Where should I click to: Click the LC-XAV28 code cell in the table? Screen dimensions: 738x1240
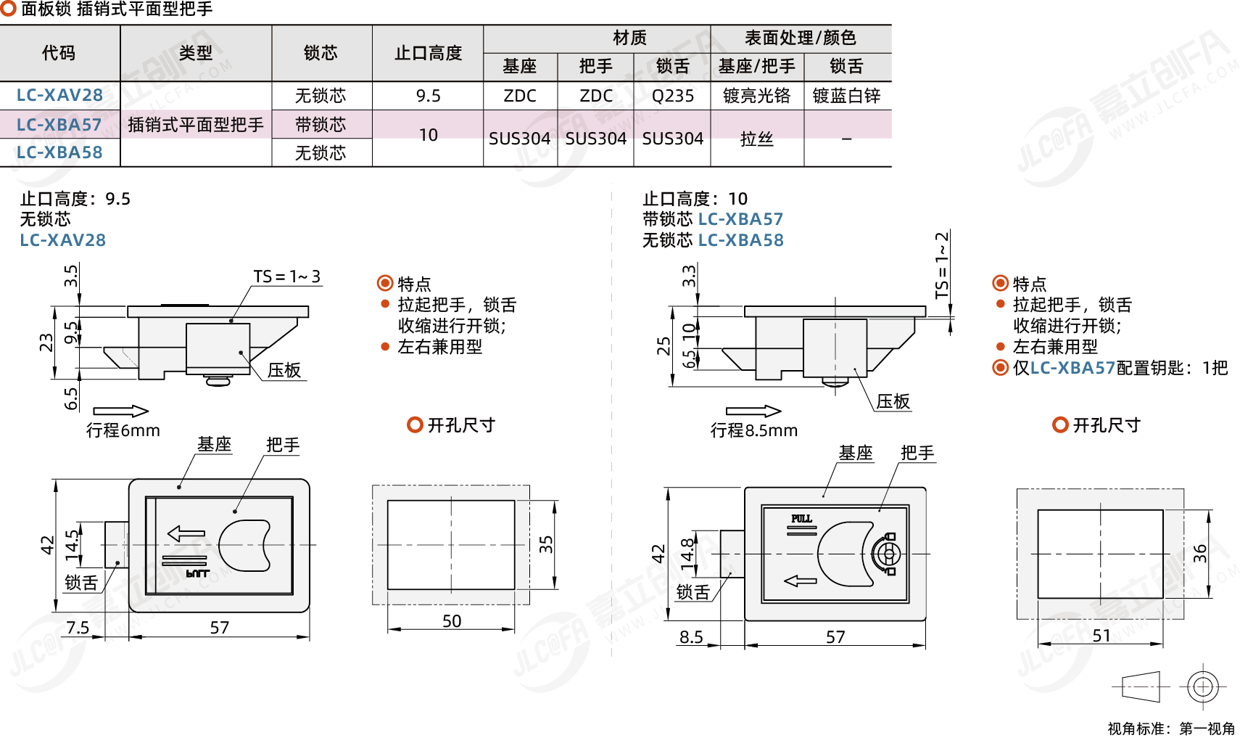[59, 95]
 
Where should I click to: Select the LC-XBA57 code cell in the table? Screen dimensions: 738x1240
[59, 125]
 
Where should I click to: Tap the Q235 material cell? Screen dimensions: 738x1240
[672, 96]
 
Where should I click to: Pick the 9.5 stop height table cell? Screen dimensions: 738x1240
[428, 96]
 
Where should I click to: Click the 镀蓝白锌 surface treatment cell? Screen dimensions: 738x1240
[846, 96]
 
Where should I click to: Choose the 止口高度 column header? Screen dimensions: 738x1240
[428, 53]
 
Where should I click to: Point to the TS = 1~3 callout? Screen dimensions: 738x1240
[286, 276]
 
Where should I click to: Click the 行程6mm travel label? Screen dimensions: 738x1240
[123, 430]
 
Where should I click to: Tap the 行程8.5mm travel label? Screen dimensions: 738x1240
[753, 430]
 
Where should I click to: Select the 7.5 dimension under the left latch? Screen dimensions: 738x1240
[78, 627]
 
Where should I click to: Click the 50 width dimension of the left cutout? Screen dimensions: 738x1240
[451, 621]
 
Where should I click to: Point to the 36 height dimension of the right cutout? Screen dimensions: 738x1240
[1199, 553]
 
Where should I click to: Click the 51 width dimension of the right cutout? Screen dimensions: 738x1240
[1101, 636]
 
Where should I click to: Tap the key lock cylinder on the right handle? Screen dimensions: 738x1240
[887, 554]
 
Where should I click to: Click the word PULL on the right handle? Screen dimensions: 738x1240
[801, 518]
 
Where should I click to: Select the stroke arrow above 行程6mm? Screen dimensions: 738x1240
[120, 411]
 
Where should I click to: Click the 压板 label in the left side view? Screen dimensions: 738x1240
[284, 370]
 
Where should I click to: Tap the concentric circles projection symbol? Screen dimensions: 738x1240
[1202, 686]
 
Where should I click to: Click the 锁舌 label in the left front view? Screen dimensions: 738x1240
[80, 583]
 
